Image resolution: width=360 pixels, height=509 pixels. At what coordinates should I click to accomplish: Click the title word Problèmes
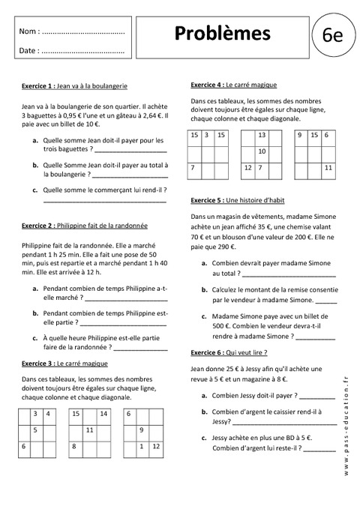(x=222, y=34)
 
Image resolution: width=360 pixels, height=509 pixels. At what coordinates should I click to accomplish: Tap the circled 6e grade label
(x=332, y=37)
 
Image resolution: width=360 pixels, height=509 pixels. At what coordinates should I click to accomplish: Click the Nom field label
(x=28, y=32)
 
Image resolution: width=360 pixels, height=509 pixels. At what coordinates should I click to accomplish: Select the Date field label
(x=28, y=51)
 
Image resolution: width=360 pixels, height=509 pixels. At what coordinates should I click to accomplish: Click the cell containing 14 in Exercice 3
(x=103, y=414)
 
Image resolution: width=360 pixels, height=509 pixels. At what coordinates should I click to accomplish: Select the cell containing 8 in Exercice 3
(x=75, y=447)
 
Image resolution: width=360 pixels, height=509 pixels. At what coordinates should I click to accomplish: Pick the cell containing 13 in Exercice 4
(x=262, y=136)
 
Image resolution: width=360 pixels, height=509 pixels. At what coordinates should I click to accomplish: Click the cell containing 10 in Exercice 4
(x=262, y=151)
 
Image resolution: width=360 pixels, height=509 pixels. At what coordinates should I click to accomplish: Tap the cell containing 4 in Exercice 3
(x=48, y=414)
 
